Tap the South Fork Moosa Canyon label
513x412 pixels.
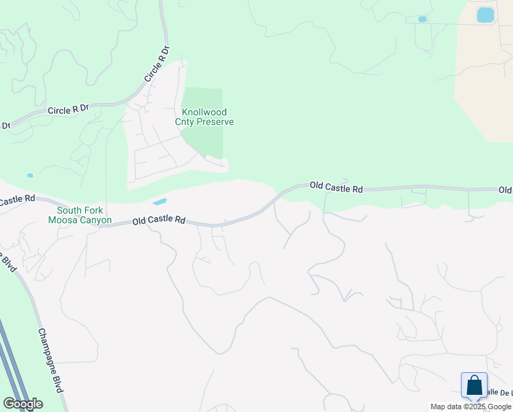[x=80, y=216]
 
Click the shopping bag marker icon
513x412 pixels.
[x=475, y=386]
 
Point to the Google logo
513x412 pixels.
[x=23, y=404]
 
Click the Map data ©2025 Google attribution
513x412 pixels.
[x=470, y=407]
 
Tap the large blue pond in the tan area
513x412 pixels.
[x=485, y=14]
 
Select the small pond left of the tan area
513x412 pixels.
[x=422, y=19]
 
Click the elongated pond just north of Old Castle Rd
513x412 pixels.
[x=159, y=202]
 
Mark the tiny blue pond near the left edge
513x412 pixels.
[x=29, y=176]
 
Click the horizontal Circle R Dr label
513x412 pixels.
[x=69, y=109]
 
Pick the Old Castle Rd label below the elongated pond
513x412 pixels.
[x=159, y=220]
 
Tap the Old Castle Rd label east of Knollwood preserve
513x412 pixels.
[x=336, y=186]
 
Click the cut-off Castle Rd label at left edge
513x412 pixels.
[x=17, y=200]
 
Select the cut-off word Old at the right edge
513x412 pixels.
[x=505, y=190]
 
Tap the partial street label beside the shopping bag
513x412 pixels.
[x=499, y=391]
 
